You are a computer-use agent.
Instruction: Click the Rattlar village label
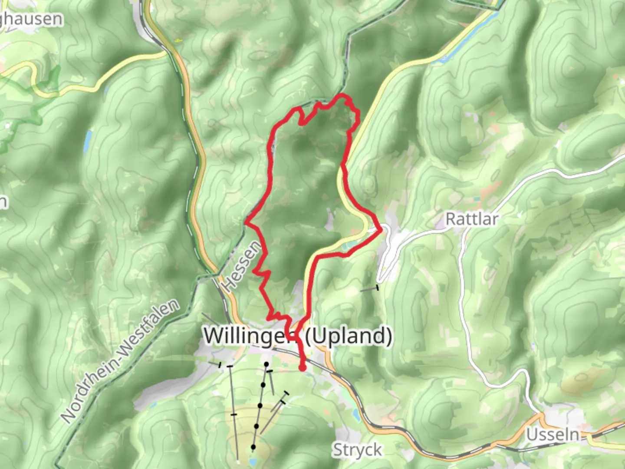[472, 219]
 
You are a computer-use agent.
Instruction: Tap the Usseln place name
[553, 434]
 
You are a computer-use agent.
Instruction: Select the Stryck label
[357, 450]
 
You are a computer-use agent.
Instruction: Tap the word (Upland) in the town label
[349, 335]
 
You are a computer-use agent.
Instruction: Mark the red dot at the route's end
[303, 368]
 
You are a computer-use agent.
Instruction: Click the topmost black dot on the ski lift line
[266, 364]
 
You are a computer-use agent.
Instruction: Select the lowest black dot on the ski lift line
[253, 447]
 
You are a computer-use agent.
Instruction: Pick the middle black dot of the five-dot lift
[260, 406]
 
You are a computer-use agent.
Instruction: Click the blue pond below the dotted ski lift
[252, 461]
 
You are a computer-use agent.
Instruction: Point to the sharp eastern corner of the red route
[381, 228]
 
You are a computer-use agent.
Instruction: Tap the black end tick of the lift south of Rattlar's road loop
[377, 287]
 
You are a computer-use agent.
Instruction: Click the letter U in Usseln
[532, 434]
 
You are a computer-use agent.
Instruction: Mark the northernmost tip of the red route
[343, 95]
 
